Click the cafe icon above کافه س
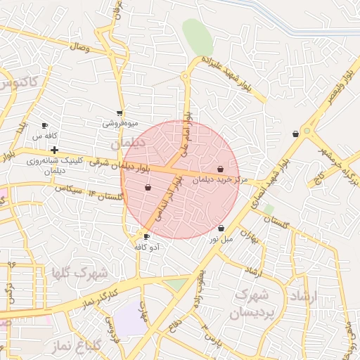point(44,125)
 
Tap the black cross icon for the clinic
point(54,150)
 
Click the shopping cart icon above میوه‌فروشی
point(120,112)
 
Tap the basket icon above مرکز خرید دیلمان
point(221,169)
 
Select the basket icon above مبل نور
point(221,229)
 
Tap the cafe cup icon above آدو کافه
point(146,236)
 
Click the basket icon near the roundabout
point(295,134)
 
